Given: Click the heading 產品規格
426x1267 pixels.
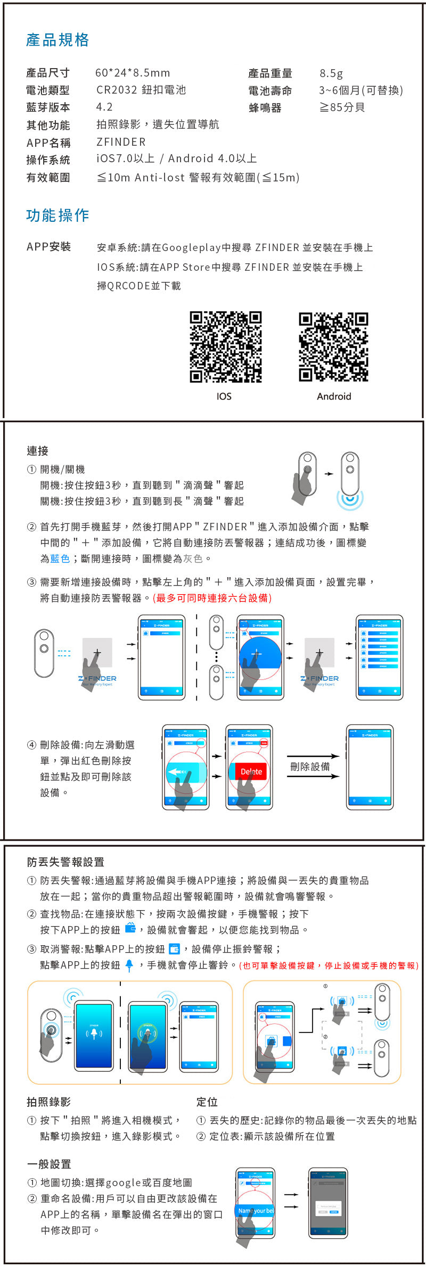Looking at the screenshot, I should tap(58, 40).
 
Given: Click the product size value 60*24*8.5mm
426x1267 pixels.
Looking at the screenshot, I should tap(133, 73).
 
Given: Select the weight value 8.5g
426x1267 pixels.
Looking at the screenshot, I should tap(331, 73).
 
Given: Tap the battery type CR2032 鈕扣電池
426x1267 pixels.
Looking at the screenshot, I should tap(141, 90).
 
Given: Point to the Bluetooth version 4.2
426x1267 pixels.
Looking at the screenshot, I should tap(104, 107).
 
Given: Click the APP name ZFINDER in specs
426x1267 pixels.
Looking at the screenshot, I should tap(121, 142).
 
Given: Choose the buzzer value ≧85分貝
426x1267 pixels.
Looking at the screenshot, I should tap(342, 107).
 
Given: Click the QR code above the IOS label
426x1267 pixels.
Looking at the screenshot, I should tap(226, 347).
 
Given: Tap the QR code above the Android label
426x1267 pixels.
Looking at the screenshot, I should tap(333, 347).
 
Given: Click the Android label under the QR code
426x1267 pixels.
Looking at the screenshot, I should tap(334, 396).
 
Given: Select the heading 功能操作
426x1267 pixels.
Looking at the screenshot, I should tap(58, 215).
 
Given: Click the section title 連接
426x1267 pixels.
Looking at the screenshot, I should tap(38, 451).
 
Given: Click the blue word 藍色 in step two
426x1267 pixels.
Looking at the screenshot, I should tap(60, 559).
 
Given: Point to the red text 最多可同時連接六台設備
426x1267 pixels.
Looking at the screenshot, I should tap(212, 598).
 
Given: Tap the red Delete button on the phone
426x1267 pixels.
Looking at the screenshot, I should tap(251, 771).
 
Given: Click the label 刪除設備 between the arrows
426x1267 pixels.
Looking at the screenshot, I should tap(310, 766).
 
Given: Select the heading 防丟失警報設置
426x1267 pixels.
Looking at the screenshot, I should tap(65, 862).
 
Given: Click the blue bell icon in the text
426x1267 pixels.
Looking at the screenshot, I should tap(129, 965).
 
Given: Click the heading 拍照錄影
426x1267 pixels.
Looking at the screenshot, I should tap(48, 1102).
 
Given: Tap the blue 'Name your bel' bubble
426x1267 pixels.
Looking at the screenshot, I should tap(256, 1211).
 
